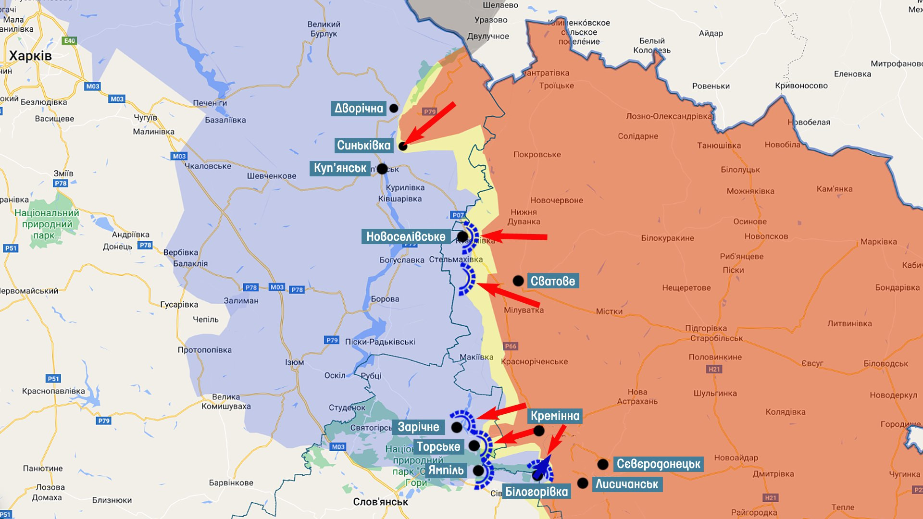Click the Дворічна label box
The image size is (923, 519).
(359, 108)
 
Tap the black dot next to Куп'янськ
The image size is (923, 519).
(382, 169)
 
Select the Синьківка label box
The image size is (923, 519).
(363, 145)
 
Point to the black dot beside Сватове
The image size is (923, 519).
(518, 281)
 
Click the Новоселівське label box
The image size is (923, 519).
(406, 236)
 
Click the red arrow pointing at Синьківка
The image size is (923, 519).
(429, 124)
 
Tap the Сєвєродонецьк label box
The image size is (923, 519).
(659, 464)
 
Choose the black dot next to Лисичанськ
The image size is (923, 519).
(583, 483)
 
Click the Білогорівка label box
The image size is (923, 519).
(536, 492)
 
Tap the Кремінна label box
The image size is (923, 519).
(555, 416)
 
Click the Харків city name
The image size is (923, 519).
(30, 56)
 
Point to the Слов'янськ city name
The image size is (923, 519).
(380, 502)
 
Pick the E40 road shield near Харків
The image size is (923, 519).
(70, 41)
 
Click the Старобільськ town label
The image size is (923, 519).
(716, 338)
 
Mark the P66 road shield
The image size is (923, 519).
(511, 346)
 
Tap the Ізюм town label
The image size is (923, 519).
(294, 362)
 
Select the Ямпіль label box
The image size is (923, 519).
(446, 470)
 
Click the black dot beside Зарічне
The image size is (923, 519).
(457, 427)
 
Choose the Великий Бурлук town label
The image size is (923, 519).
(324, 29)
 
